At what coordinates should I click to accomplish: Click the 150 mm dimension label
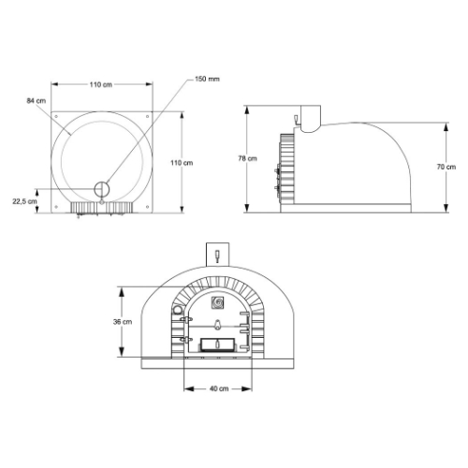tap(208, 79)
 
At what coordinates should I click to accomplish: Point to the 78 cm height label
tap(241, 159)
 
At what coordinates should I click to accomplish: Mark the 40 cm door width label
tap(217, 388)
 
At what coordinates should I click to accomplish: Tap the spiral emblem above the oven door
tap(217, 301)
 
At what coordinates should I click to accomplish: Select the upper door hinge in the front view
tap(187, 319)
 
